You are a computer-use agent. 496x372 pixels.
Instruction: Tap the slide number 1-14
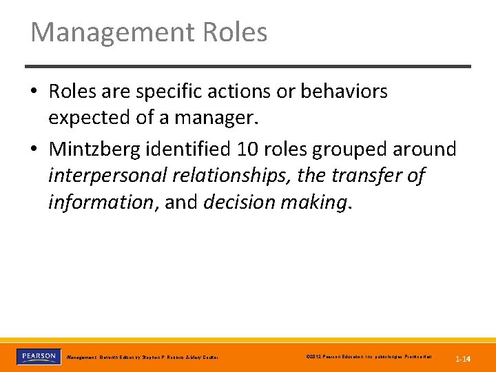coord(462,359)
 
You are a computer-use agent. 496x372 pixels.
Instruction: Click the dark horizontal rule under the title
coord(248,67)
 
